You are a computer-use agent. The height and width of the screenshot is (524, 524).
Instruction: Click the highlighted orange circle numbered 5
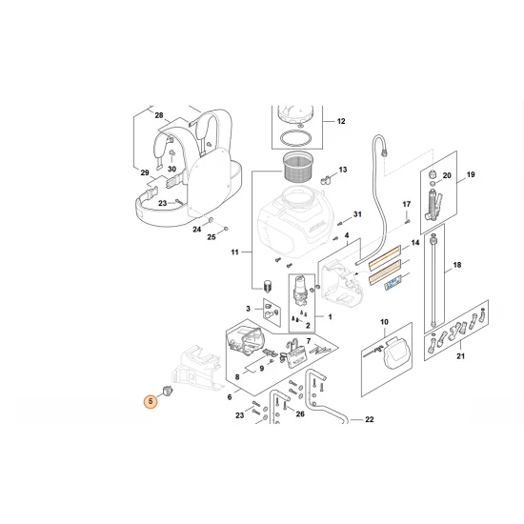150,402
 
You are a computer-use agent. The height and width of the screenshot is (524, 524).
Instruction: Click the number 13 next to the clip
342,170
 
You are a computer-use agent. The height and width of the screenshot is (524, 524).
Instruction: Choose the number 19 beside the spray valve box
470,176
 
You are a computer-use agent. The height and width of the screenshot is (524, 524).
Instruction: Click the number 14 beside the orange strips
414,244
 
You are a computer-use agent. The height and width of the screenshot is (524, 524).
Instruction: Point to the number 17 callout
405,205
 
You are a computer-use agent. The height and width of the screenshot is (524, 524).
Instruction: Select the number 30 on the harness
171,170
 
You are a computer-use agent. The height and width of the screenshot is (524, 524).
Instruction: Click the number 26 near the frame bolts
300,414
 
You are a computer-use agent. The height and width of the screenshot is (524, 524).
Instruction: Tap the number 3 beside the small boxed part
249,309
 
